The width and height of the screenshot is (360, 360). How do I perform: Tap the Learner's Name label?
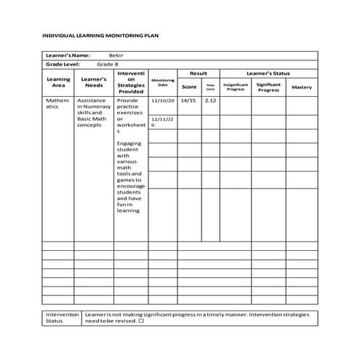(68, 55)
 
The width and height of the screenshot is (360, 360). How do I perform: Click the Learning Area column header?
(58, 82)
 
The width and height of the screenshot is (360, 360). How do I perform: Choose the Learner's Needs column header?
(94, 82)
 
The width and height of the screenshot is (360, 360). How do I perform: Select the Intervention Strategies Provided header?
(131, 82)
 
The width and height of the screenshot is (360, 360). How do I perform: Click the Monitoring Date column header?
(163, 83)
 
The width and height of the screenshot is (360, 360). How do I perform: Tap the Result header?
(199, 73)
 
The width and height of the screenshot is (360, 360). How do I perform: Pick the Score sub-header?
(189, 87)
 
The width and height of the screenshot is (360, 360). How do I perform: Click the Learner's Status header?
(268, 73)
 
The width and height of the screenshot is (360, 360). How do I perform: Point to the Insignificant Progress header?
(236, 87)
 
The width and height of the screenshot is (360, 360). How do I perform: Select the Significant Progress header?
(268, 87)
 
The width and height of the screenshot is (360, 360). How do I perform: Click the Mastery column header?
(302, 87)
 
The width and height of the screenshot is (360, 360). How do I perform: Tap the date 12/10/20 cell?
(162, 100)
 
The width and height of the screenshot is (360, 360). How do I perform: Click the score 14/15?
(188, 100)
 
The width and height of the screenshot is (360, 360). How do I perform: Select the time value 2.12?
(210, 100)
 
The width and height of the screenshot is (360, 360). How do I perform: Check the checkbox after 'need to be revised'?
(141, 321)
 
